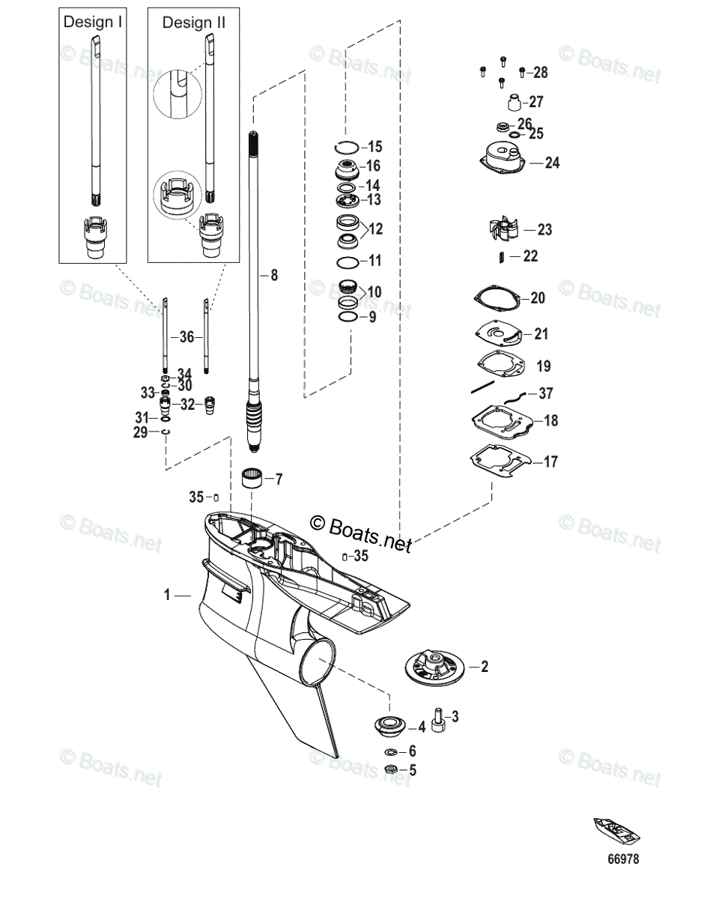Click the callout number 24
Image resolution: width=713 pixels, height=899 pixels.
(551, 163)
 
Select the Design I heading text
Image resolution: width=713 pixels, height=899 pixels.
(93, 22)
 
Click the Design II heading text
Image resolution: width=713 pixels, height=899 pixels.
(194, 22)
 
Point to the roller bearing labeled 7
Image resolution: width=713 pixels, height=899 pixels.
(252, 478)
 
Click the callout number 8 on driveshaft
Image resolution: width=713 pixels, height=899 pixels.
(273, 276)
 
